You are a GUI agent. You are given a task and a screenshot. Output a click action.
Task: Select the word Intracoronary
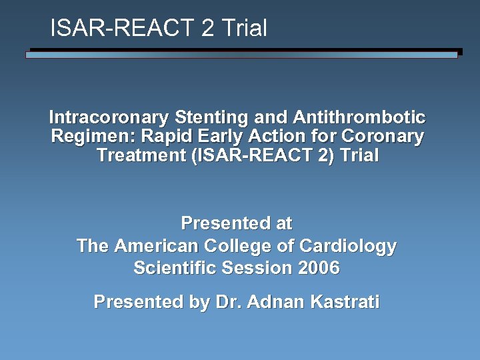[x=109, y=118]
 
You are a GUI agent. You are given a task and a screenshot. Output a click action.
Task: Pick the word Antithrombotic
[x=359, y=118]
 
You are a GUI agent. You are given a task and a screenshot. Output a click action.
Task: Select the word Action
[x=275, y=137]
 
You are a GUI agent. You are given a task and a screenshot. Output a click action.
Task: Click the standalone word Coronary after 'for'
[x=382, y=137]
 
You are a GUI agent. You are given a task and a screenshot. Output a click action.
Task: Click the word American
[x=156, y=246]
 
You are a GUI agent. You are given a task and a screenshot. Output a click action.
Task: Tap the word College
[x=236, y=246]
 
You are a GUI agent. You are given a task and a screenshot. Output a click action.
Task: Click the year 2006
[x=319, y=268]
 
